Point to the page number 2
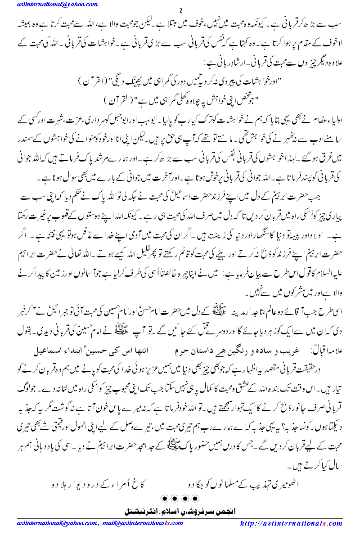[x=180, y=10]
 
